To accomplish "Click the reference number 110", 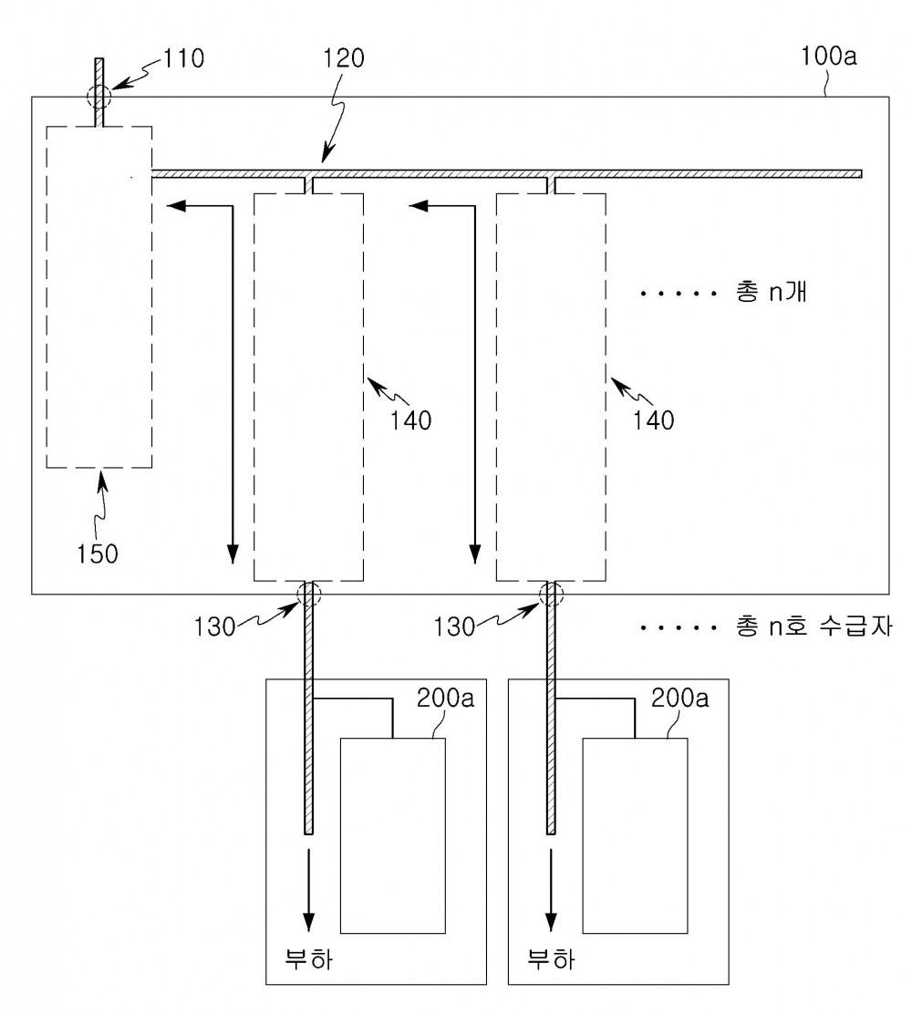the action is (183, 58).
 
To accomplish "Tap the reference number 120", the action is (344, 58).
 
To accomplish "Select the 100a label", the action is (828, 57).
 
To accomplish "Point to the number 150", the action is (97, 554).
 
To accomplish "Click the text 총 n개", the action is (771, 292).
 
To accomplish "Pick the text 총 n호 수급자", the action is (814, 626).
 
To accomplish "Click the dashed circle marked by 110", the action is (99, 98).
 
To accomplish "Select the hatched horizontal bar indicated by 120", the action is (506, 173).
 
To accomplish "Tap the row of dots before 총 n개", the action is (679, 294).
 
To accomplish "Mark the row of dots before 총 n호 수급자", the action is (679, 628).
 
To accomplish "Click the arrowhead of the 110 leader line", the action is (118, 84).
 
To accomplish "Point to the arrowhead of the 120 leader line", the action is (326, 155).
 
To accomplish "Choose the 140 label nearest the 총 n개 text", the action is (653, 420).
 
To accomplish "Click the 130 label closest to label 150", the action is (215, 626).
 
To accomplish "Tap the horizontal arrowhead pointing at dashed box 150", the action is (176, 206).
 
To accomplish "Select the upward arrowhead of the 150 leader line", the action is (101, 479).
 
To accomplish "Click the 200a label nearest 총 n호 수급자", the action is (679, 698).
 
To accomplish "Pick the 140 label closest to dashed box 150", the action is (410, 420).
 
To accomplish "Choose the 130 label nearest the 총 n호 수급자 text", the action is (454, 626).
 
